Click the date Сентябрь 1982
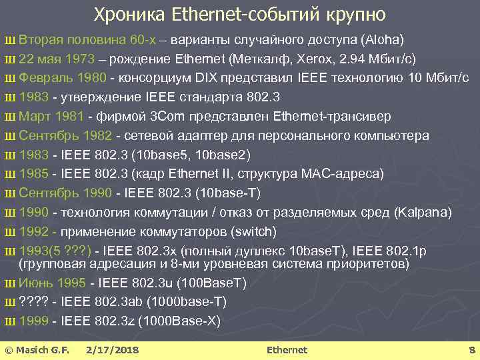tap(66, 136)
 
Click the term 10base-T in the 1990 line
tap(229, 193)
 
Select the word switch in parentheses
tap(253, 232)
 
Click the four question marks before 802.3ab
tap(35, 302)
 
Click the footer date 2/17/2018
tap(113, 350)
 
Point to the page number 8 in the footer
tap(471, 350)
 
